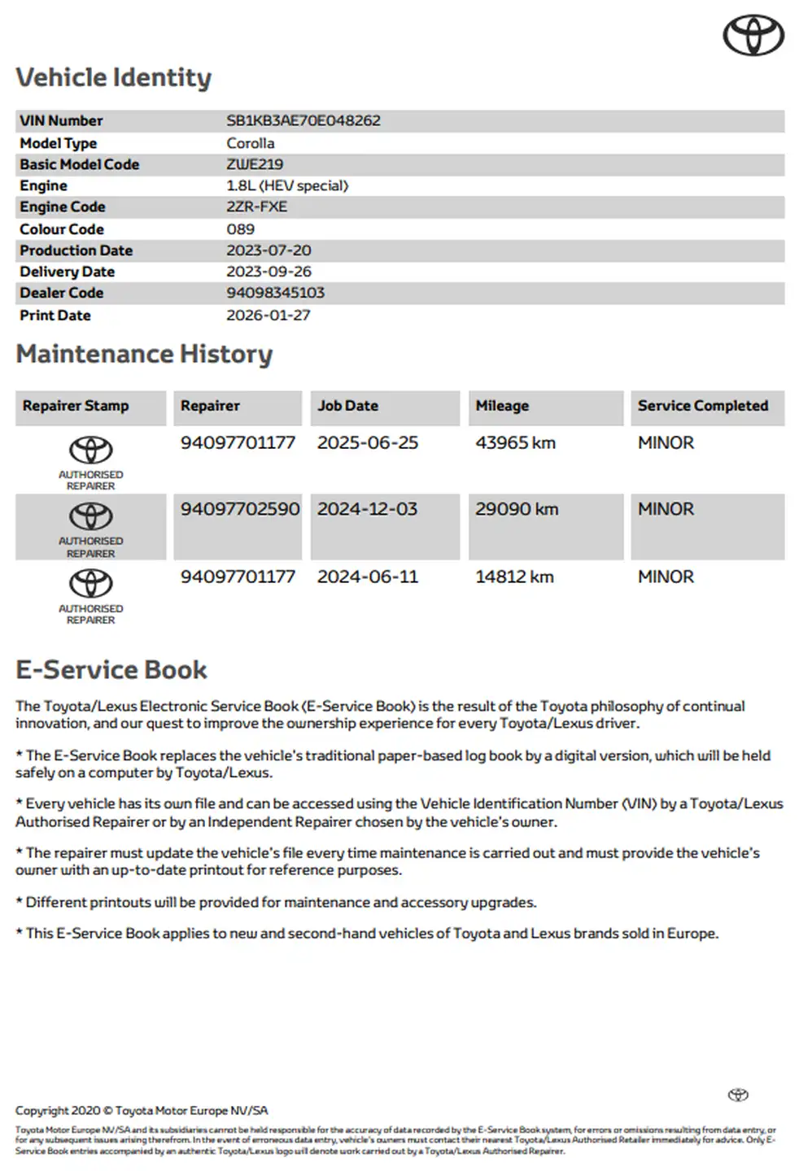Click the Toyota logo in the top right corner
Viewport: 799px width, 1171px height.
pyautogui.click(x=753, y=36)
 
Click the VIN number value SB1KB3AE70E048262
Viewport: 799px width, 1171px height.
pyautogui.click(x=303, y=120)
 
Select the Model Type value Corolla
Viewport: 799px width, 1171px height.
pyautogui.click(x=250, y=143)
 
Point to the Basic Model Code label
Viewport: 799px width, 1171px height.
pyautogui.click(x=79, y=164)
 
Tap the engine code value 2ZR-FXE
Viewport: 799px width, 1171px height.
pyautogui.click(x=256, y=207)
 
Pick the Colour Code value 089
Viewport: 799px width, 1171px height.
pyautogui.click(x=240, y=229)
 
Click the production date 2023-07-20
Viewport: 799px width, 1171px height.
pyautogui.click(x=269, y=250)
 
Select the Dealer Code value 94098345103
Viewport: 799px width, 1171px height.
pyautogui.click(x=275, y=293)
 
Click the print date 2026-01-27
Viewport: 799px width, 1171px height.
pyautogui.click(x=268, y=316)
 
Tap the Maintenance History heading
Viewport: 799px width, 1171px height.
pyautogui.click(x=144, y=355)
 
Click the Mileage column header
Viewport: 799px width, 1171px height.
pyautogui.click(x=502, y=406)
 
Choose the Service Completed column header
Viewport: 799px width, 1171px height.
pyautogui.click(x=702, y=406)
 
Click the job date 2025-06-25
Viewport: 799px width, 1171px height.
pyautogui.click(x=367, y=443)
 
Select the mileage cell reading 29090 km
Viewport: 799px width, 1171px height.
pyautogui.click(x=517, y=510)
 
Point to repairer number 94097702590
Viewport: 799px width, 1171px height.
pyautogui.click(x=240, y=510)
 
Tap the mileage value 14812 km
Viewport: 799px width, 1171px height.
pyautogui.click(x=514, y=577)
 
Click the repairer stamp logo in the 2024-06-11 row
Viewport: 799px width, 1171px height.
pyautogui.click(x=90, y=584)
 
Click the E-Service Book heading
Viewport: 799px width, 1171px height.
pyautogui.click(x=111, y=670)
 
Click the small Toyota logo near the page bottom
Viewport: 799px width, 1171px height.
pyautogui.click(x=738, y=1095)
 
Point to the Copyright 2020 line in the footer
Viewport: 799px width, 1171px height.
pyautogui.click(x=141, y=1111)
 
